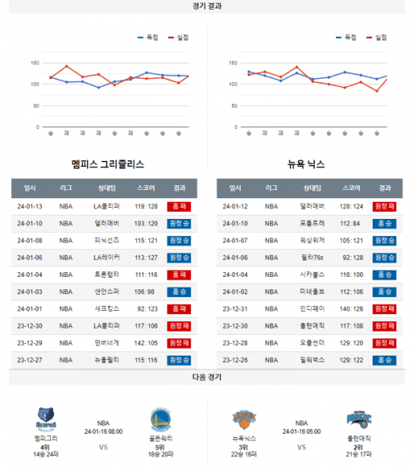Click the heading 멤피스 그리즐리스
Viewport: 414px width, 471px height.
tap(108, 164)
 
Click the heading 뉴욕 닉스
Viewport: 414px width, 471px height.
tap(306, 164)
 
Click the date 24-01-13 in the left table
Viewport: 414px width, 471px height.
tap(30, 206)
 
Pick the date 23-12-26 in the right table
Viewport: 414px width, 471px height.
tap(235, 360)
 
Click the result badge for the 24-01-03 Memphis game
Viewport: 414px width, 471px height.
tap(179, 291)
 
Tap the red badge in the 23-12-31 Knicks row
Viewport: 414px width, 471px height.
tap(384, 309)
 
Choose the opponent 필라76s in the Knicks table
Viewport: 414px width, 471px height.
tap(312, 257)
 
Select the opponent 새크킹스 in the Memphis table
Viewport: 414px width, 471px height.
tap(107, 309)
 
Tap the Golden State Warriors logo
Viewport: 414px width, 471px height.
tap(160, 419)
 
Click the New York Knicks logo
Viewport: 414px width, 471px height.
tap(244, 419)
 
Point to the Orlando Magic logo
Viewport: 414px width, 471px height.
tap(359, 419)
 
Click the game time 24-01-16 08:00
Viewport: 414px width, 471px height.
tap(103, 431)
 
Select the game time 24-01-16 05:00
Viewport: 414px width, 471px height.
tap(302, 431)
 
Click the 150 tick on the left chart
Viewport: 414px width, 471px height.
tap(34, 63)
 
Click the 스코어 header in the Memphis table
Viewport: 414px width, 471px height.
tap(146, 188)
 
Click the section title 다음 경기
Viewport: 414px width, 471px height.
tap(207, 377)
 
